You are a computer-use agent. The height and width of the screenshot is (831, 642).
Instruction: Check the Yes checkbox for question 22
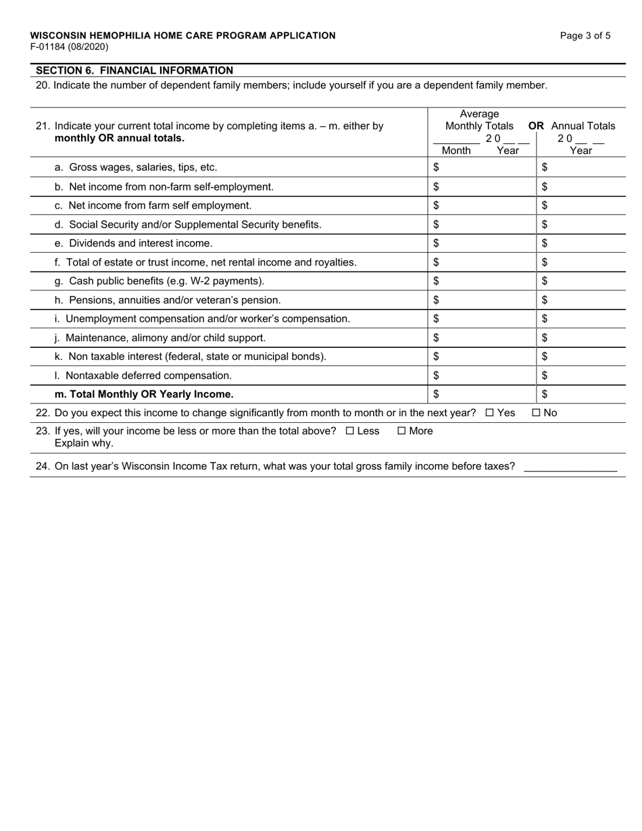489,413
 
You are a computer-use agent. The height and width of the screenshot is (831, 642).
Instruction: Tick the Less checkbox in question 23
349,431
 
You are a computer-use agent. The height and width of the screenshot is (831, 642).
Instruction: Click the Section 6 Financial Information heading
134,70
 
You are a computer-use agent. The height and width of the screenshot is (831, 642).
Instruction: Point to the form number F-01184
69,47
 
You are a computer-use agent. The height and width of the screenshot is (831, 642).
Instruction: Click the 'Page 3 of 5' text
585,36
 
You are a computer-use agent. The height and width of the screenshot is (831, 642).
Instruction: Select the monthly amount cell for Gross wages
483,167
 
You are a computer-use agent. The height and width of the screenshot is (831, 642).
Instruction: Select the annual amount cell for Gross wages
581,167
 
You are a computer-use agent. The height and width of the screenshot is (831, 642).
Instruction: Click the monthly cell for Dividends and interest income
483,243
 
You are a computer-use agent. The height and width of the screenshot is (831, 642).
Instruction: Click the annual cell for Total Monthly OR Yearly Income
581,394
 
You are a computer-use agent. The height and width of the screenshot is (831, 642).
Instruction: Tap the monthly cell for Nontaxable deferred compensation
483,375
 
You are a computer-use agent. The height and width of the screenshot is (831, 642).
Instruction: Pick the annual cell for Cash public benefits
581,280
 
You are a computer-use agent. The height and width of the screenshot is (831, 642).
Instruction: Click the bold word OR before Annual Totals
537,126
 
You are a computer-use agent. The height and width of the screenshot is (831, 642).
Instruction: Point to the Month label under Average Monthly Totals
456,151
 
